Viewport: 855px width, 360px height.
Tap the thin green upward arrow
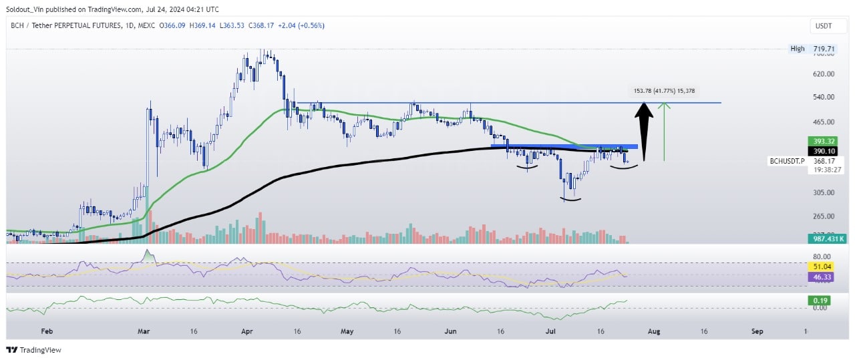pos(663,131)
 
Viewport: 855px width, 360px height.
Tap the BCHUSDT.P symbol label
pos(788,161)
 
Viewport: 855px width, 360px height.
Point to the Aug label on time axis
pos(655,331)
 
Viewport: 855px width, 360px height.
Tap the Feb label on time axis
pos(46,331)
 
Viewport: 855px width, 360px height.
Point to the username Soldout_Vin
pos(27,9)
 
